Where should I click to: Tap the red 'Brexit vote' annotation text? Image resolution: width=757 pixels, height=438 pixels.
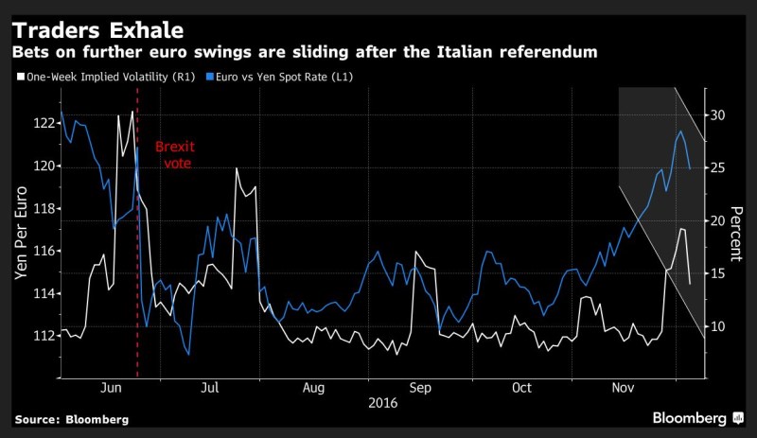coord(173,155)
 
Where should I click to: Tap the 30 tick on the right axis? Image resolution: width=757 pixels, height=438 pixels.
coord(717,114)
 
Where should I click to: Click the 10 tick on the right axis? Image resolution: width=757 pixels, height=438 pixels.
coord(717,326)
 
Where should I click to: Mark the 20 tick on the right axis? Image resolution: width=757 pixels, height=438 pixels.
coord(717,220)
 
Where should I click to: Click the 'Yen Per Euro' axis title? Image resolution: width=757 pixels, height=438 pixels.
coord(20,241)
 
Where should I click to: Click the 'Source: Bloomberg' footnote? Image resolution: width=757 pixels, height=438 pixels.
coord(71,418)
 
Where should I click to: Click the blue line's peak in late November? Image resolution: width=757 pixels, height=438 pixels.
coord(681,131)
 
